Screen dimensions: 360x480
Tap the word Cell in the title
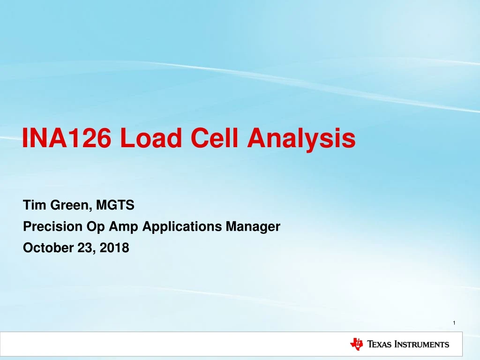(211, 139)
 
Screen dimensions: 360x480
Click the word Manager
(253, 227)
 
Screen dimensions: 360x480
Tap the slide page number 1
(455, 322)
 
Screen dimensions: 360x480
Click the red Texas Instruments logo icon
(356, 344)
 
